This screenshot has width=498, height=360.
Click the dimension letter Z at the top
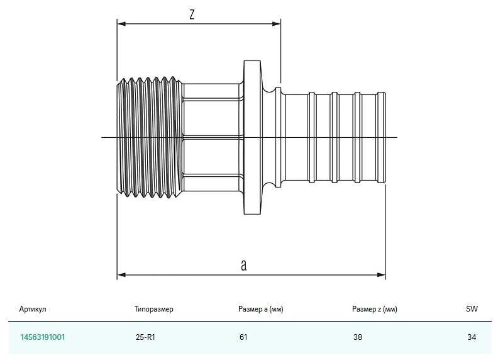(x=191, y=14)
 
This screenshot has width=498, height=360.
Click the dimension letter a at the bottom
(x=243, y=265)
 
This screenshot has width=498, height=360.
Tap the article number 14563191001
(x=42, y=337)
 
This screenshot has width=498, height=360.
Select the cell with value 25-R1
(x=145, y=337)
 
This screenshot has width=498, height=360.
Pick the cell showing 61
(x=243, y=337)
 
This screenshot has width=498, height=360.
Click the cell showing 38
(x=358, y=337)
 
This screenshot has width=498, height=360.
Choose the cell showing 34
(x=472, y=337)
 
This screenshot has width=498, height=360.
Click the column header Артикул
(x=33, y=309)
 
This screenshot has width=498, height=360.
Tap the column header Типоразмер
(x=153, y=309)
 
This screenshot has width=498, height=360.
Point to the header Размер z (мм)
(x=375, y=309)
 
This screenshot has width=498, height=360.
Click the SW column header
(x=472, y=309)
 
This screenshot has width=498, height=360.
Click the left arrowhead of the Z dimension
(x=121, y=25)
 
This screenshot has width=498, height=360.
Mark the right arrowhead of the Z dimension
(x=277, y=25)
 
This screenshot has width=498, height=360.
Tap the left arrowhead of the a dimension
(x=121, y=274)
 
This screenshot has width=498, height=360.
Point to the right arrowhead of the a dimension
(x=382, y=274)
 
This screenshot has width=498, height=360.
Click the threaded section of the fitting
(x=150, y=137)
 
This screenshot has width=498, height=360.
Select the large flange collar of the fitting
(x=252, y=137)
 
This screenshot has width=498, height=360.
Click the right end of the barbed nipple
(x=381, y=137)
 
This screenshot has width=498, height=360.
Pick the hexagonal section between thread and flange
(x=211, y=137)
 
